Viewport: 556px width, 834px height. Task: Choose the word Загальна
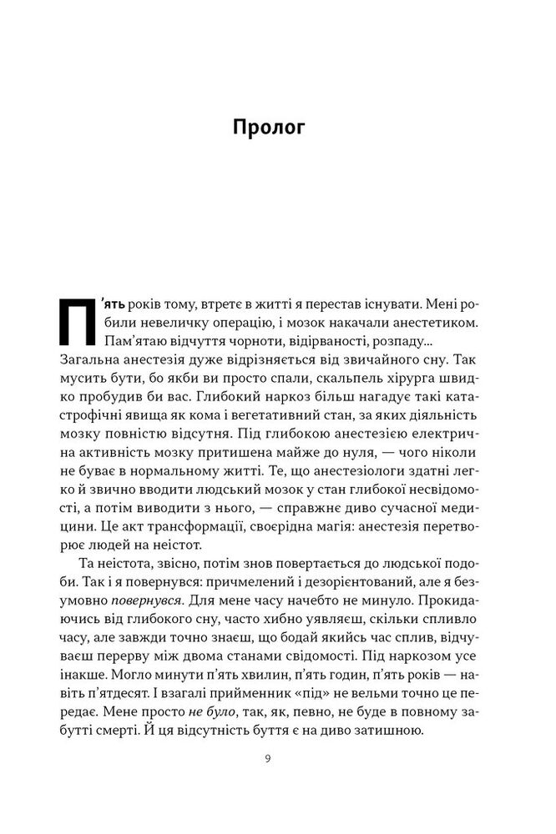pyautogui.click(x=91, y=364)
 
